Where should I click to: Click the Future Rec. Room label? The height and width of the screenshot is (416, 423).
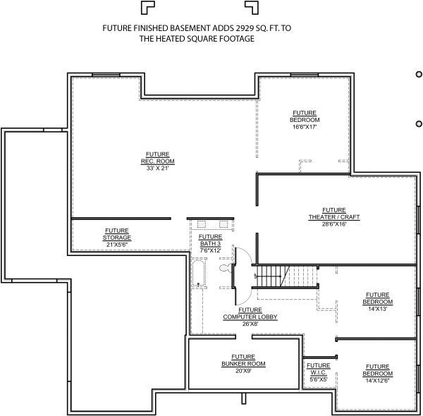coord(157,158)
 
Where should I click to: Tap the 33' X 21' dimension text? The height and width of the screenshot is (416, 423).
coord(157,169)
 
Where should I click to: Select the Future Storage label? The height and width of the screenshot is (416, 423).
coord(117,234)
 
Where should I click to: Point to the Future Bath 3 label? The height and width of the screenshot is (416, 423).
coord(210,240)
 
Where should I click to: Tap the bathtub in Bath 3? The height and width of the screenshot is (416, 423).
coord(198,273)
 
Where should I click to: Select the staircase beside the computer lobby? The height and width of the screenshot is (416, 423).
coord(285,276)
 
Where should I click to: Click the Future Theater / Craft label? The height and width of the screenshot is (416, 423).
coord(334,214)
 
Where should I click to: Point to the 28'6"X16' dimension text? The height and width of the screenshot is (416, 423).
coord(334,224)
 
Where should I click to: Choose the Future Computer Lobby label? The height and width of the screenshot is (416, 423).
coord(250,313)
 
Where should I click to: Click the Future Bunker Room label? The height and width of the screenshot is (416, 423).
coord(243,360)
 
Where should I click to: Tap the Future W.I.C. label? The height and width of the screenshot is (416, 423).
coord(319,369)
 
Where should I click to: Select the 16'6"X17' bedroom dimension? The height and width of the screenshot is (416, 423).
coord(305,127)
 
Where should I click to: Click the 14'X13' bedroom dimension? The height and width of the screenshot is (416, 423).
coord(378,309)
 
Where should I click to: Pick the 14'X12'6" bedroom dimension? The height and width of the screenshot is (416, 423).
coord(378,380)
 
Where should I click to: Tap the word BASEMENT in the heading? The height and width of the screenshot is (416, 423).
coord(190,28)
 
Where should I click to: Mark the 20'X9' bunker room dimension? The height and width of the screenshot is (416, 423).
coord(243,371)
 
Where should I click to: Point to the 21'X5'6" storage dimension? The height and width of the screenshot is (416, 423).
coord(117,245)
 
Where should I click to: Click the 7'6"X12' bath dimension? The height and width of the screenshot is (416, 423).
coord(210,250)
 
